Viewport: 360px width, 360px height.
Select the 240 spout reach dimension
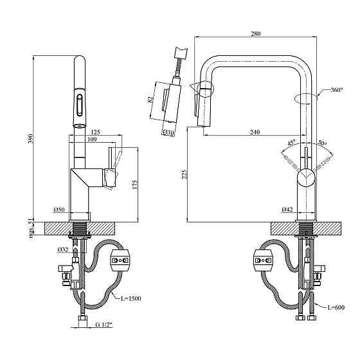coord(255,132)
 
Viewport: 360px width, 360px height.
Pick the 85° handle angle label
coord(292,143)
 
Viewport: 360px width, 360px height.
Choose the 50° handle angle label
coord(321,143)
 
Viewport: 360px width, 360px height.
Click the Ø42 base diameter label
coord(287,209)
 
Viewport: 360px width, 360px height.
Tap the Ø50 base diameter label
coord(59,210)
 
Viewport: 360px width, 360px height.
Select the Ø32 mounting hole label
coord(62,249)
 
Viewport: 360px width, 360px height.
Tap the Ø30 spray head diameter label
coord(169,132)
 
